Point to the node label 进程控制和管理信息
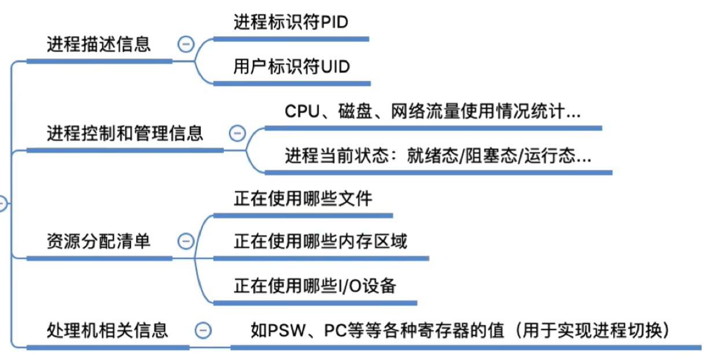(x=125, y=134)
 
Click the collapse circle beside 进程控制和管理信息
(x=237, y=133)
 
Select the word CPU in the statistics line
(x=302, y=111)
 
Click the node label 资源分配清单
(x=98, y=241)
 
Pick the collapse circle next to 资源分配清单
(x=186, y=241)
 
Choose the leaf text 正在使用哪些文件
(x=303, y=199)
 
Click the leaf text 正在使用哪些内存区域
(x=320, y=241)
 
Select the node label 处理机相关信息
(x=107, y=330)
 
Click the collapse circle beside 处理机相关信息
(x=203, y=330)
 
